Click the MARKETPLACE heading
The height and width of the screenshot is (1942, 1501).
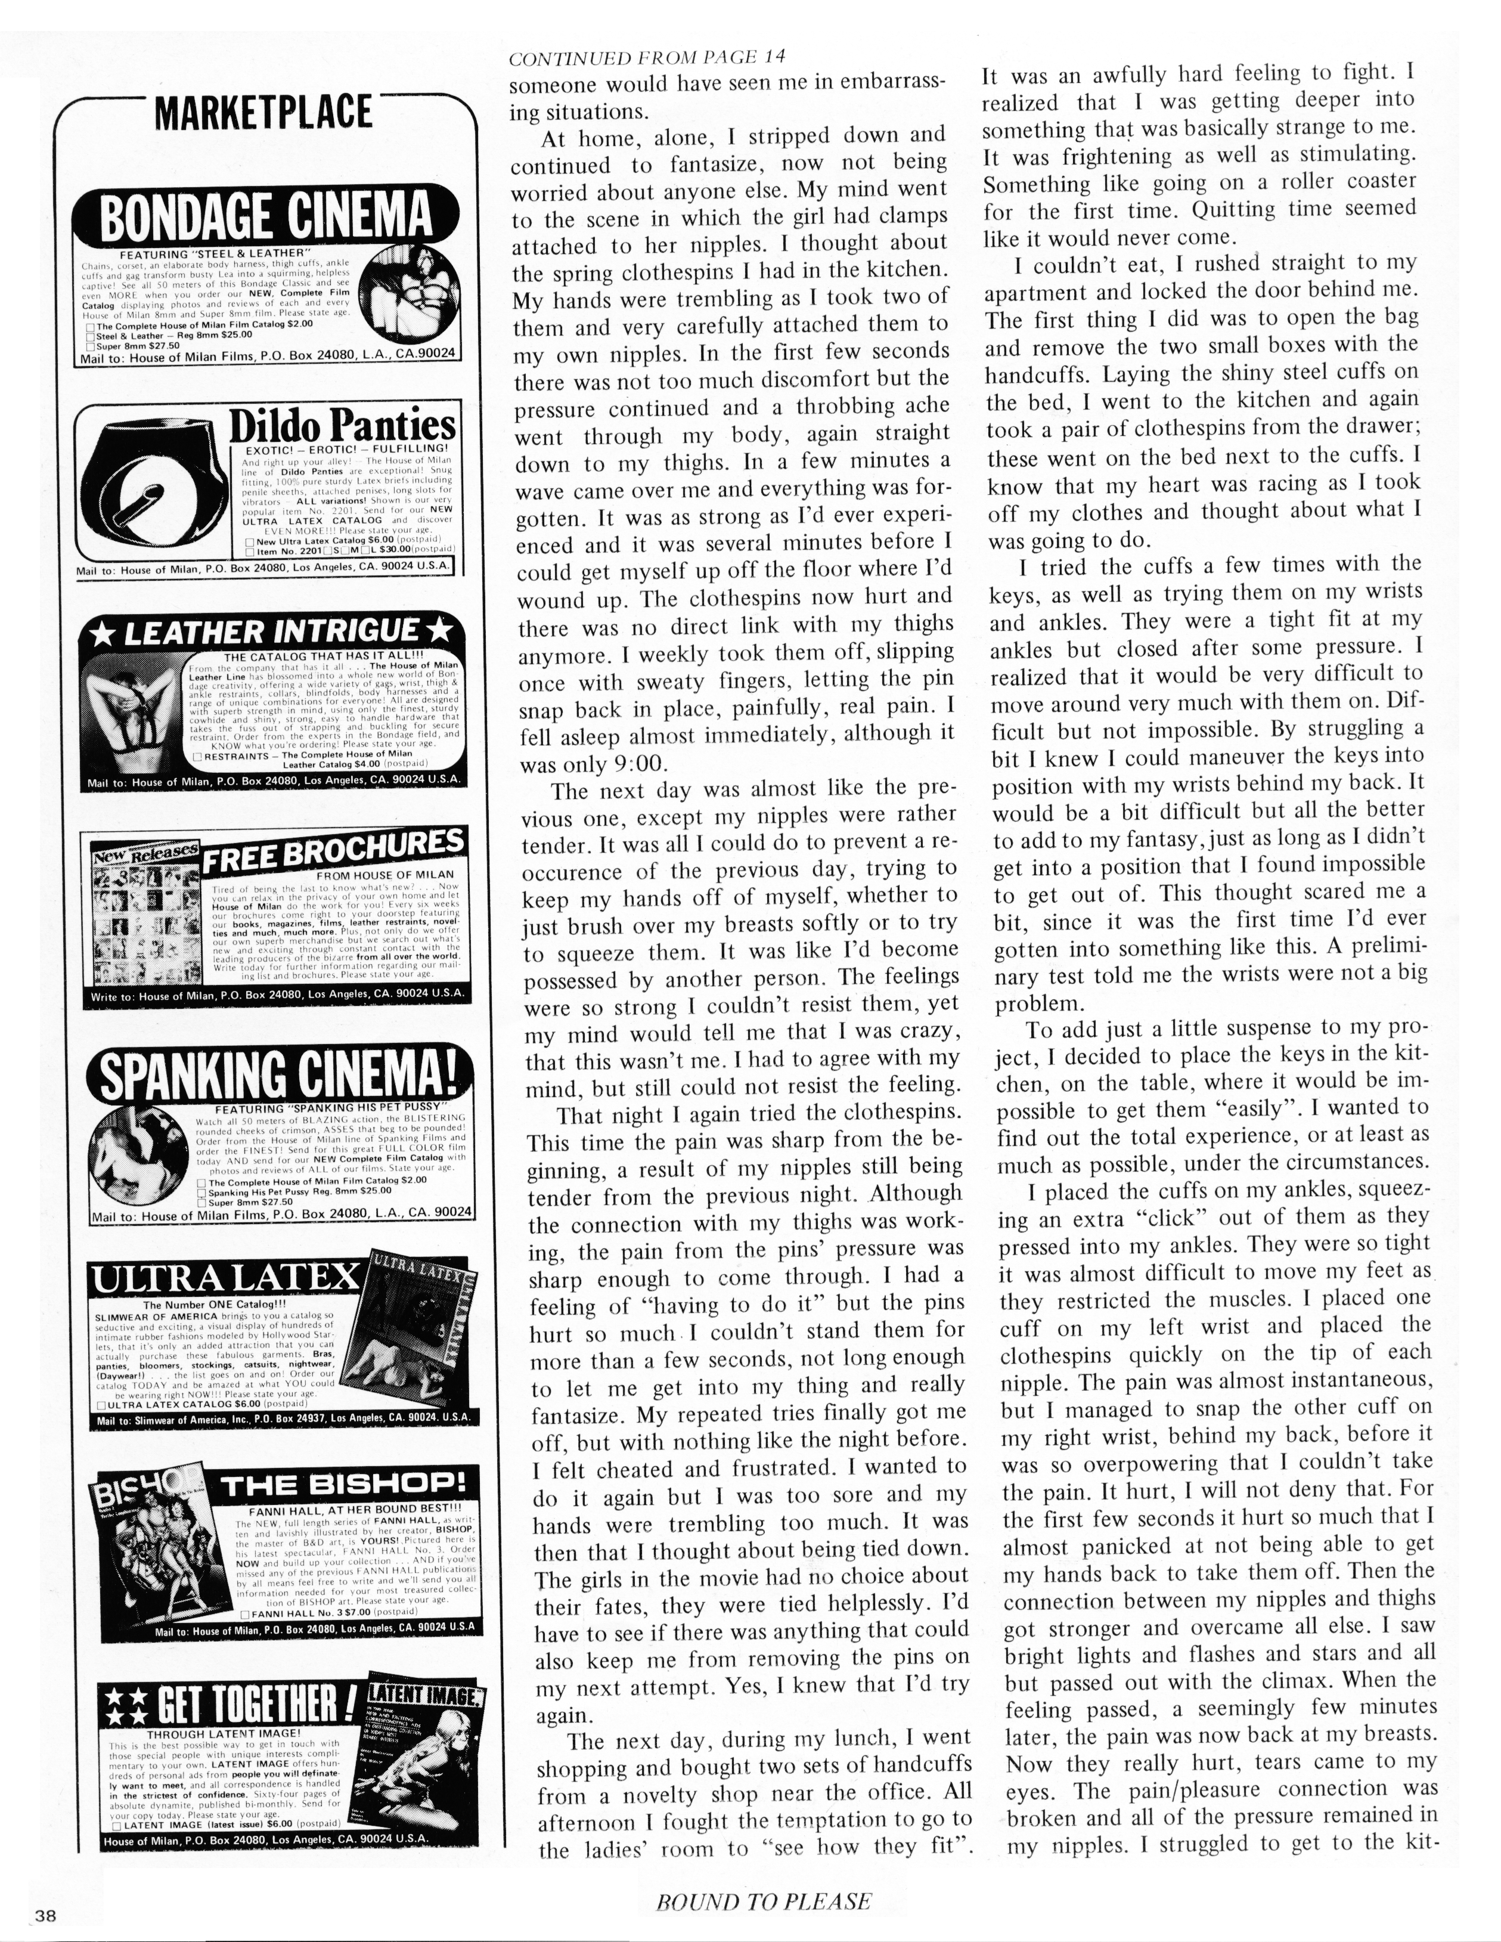(x=263, y=113)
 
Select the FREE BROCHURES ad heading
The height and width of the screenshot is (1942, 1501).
(x=333, y=850)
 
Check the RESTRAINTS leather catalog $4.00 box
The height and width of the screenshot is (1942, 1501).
(x=197, y=756)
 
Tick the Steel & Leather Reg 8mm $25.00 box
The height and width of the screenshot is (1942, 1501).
(x=90, y=336)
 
